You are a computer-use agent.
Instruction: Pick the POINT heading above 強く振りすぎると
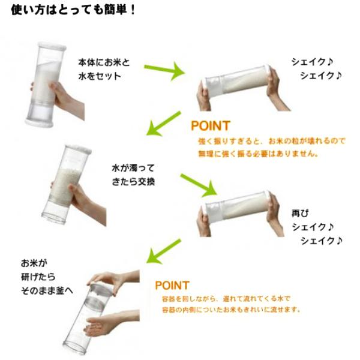[210, 126]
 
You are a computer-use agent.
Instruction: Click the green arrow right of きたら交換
[198, 185]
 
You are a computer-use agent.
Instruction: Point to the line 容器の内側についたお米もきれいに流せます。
[231, 310]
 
